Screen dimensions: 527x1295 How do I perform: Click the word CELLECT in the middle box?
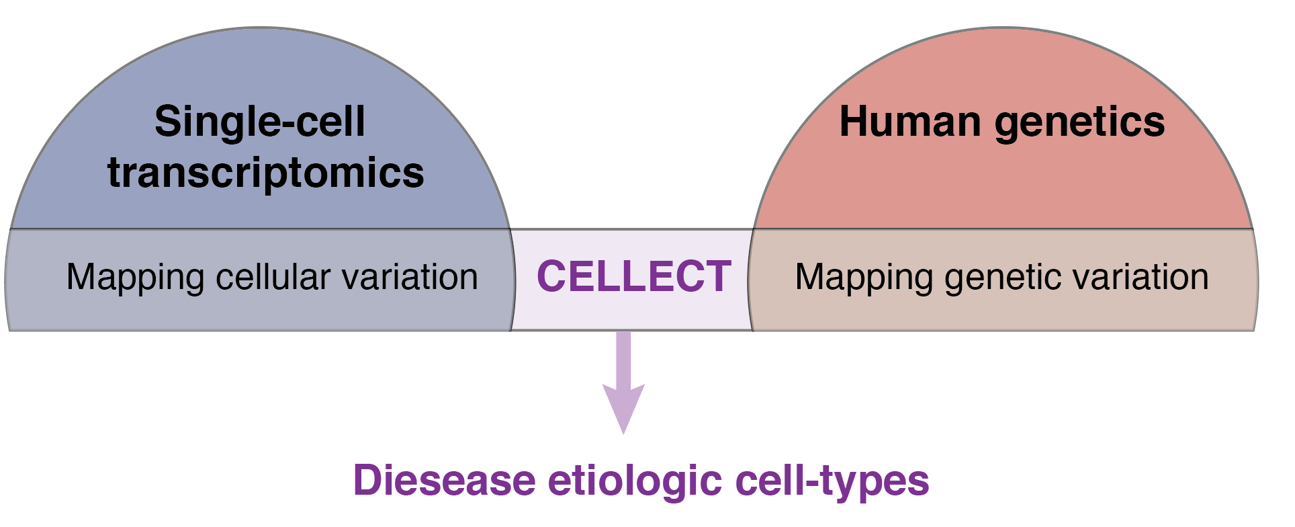(633, 277)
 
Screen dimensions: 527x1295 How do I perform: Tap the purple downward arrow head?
(623, 407)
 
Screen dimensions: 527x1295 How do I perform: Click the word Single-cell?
(260, 122)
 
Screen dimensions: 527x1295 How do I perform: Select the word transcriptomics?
(266, 173)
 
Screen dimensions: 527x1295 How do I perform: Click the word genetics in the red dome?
(1080, 123)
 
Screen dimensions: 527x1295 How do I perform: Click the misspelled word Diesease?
(444, 480)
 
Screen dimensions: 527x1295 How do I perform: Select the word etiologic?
(635, 481)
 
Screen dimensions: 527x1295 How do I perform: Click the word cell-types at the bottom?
(832, 481)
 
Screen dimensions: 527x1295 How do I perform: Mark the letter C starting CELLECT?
(552, 277)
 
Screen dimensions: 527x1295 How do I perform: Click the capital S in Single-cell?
(169, 122)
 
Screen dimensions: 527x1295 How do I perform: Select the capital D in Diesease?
(369, 480)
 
